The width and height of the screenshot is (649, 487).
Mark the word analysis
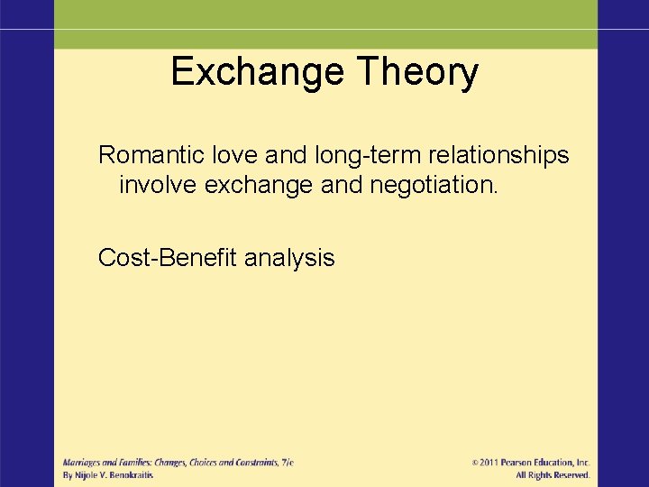[289, 259]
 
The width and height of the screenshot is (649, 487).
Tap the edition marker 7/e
[287, 462]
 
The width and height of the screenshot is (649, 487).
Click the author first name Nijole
[88, 474]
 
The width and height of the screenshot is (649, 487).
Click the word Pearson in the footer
[522, 462]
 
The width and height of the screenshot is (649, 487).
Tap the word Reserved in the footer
[571, 474]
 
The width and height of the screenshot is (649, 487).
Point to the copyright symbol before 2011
[476, 462]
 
